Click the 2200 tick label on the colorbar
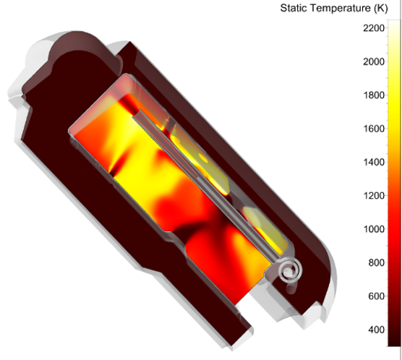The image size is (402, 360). (x=374, y=28)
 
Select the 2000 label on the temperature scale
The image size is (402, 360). (x=374, y=61)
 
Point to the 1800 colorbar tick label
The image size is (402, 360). (x=374, y=95)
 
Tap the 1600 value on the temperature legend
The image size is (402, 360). (x=374, y=129)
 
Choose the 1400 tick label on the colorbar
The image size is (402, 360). (x=374, y=163)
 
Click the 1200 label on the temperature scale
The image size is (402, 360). (x=374, y=196)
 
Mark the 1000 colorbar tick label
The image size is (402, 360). (x=374, y=229)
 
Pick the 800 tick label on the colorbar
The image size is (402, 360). (x=377, y=263)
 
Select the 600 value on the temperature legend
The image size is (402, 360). (x=377, y=296)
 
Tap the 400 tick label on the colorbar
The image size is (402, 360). (x=377, y=330)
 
